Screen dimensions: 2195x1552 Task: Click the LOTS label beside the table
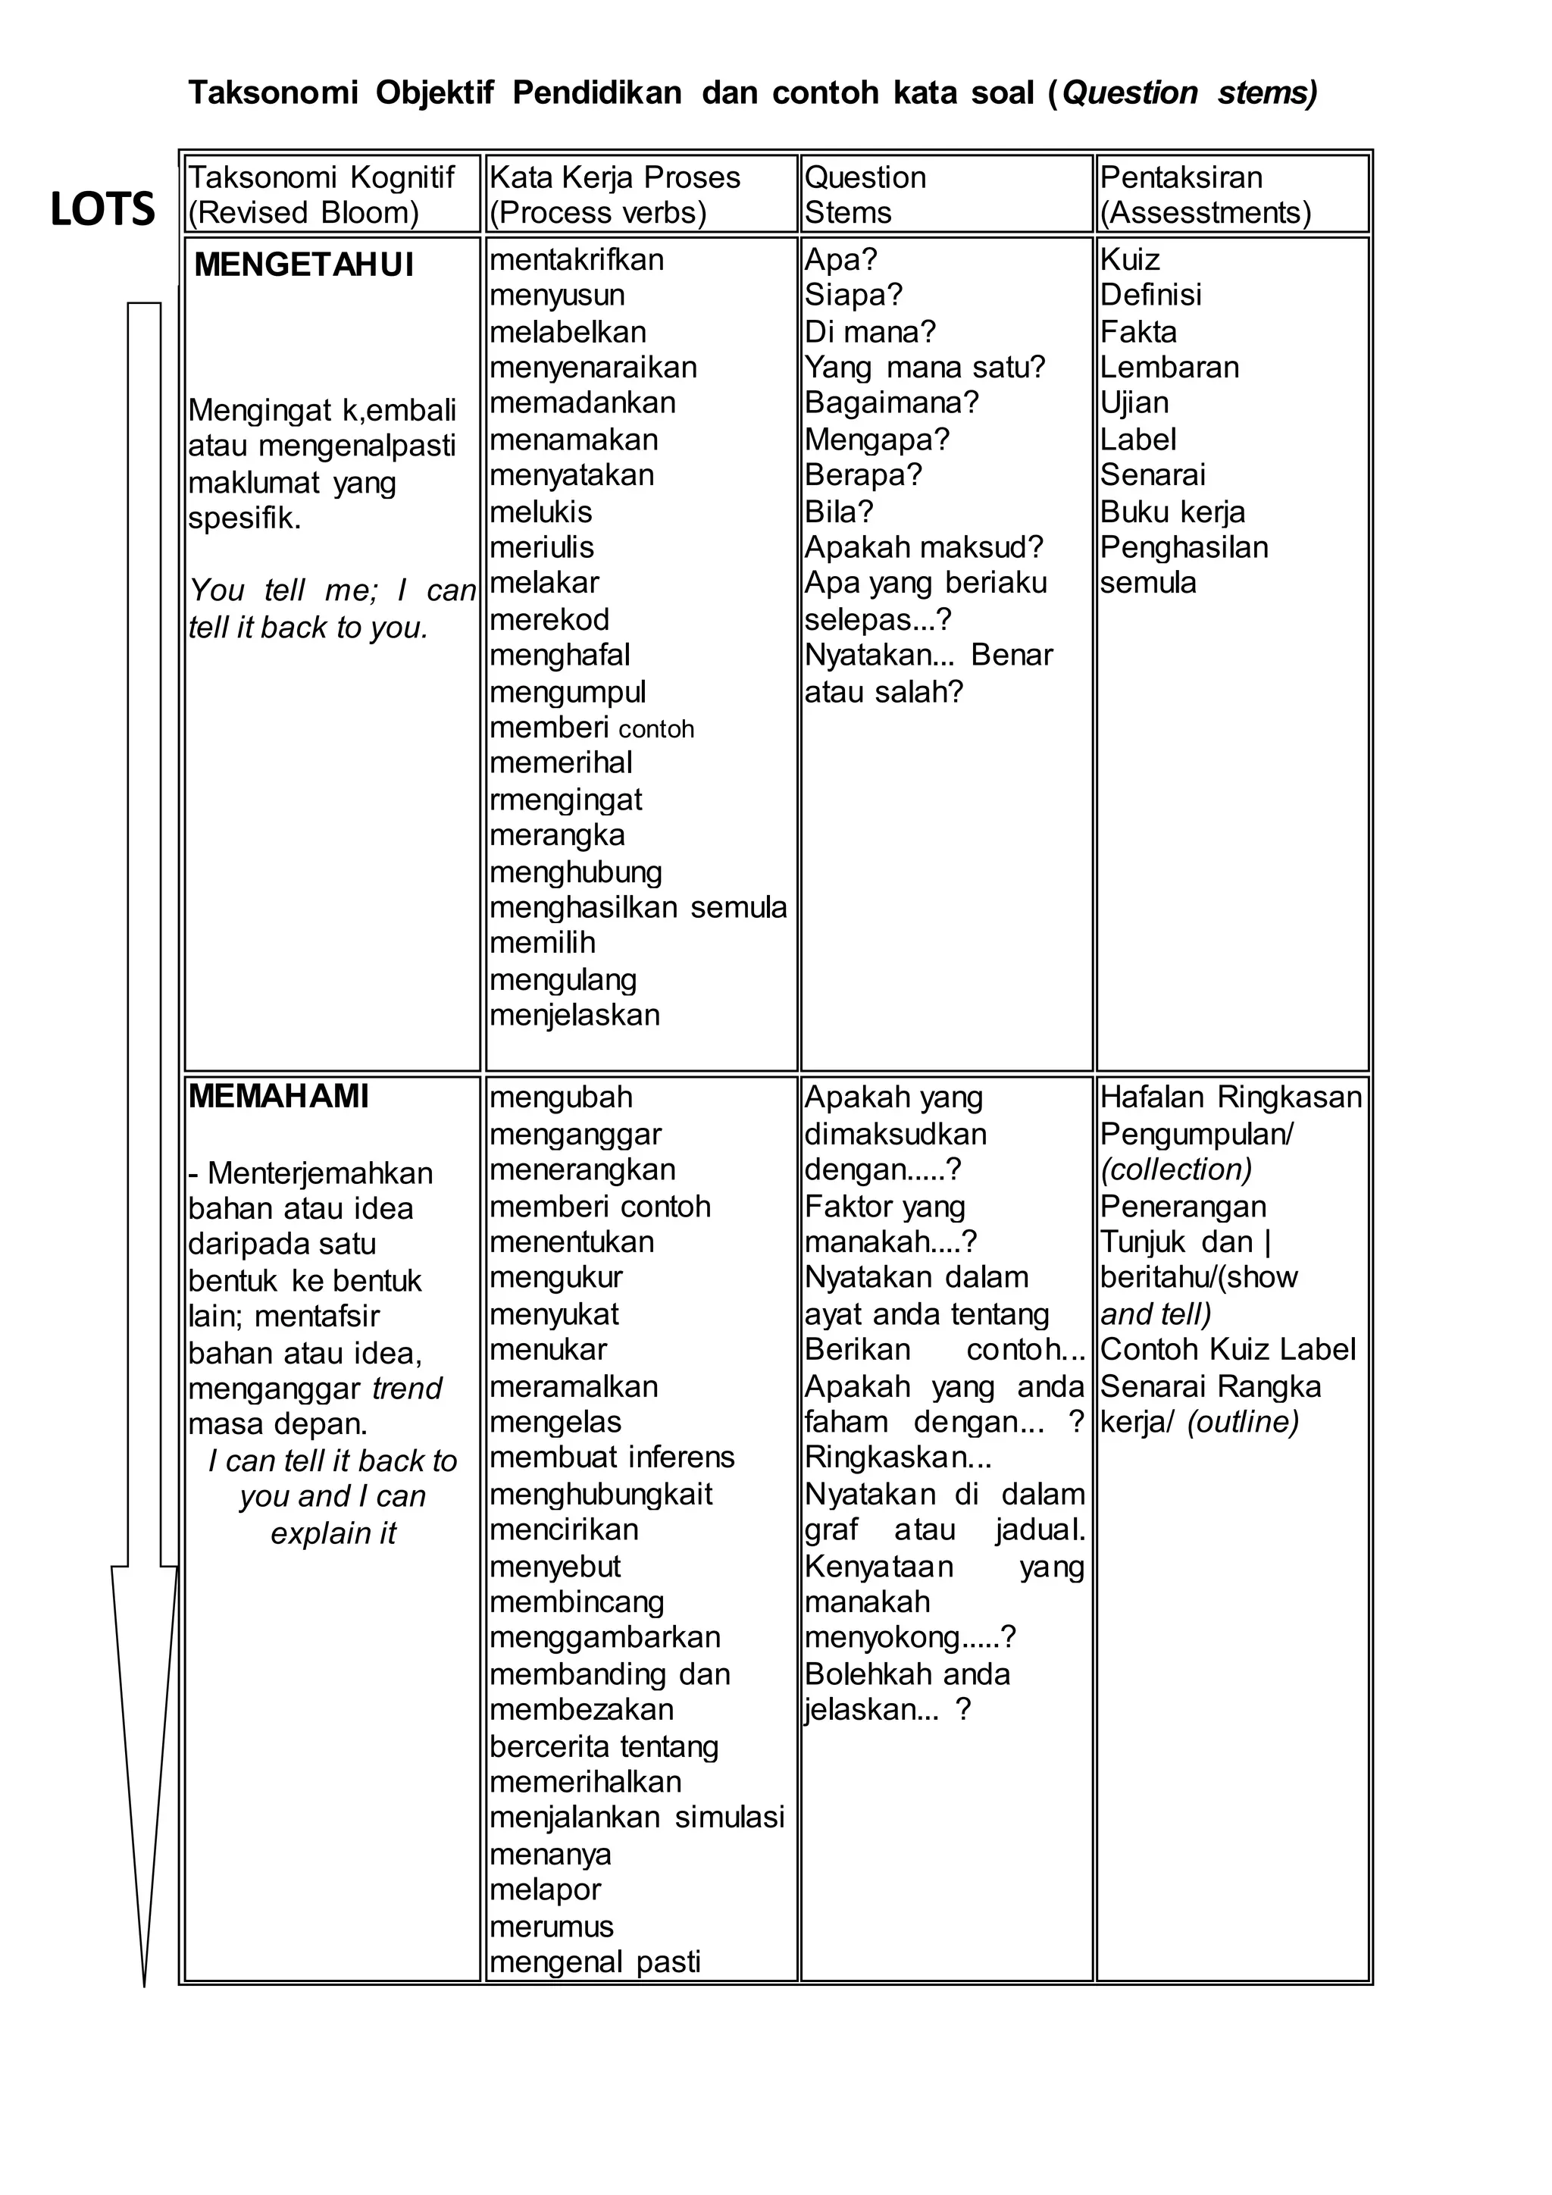(102, 209)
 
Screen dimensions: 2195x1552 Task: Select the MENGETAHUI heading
(304, 265)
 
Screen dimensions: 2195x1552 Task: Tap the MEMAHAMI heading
(278, 1097)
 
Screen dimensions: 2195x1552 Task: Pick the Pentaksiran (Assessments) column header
(1205, 194)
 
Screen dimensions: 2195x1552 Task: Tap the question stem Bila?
(839, 512)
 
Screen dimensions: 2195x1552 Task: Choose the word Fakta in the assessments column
(1138, 332)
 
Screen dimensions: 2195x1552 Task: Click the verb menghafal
(560, 655)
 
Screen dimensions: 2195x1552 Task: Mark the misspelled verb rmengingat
(566, 799)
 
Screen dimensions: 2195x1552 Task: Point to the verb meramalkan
(574, 1386)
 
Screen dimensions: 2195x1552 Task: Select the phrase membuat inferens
(612, 1457)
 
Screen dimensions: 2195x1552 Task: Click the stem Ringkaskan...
(896, 1457)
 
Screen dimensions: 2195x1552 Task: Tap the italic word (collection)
(1175, 1170)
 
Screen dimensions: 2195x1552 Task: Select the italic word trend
(407, 1388)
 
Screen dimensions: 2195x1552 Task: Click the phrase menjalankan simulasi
(637, 1818)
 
